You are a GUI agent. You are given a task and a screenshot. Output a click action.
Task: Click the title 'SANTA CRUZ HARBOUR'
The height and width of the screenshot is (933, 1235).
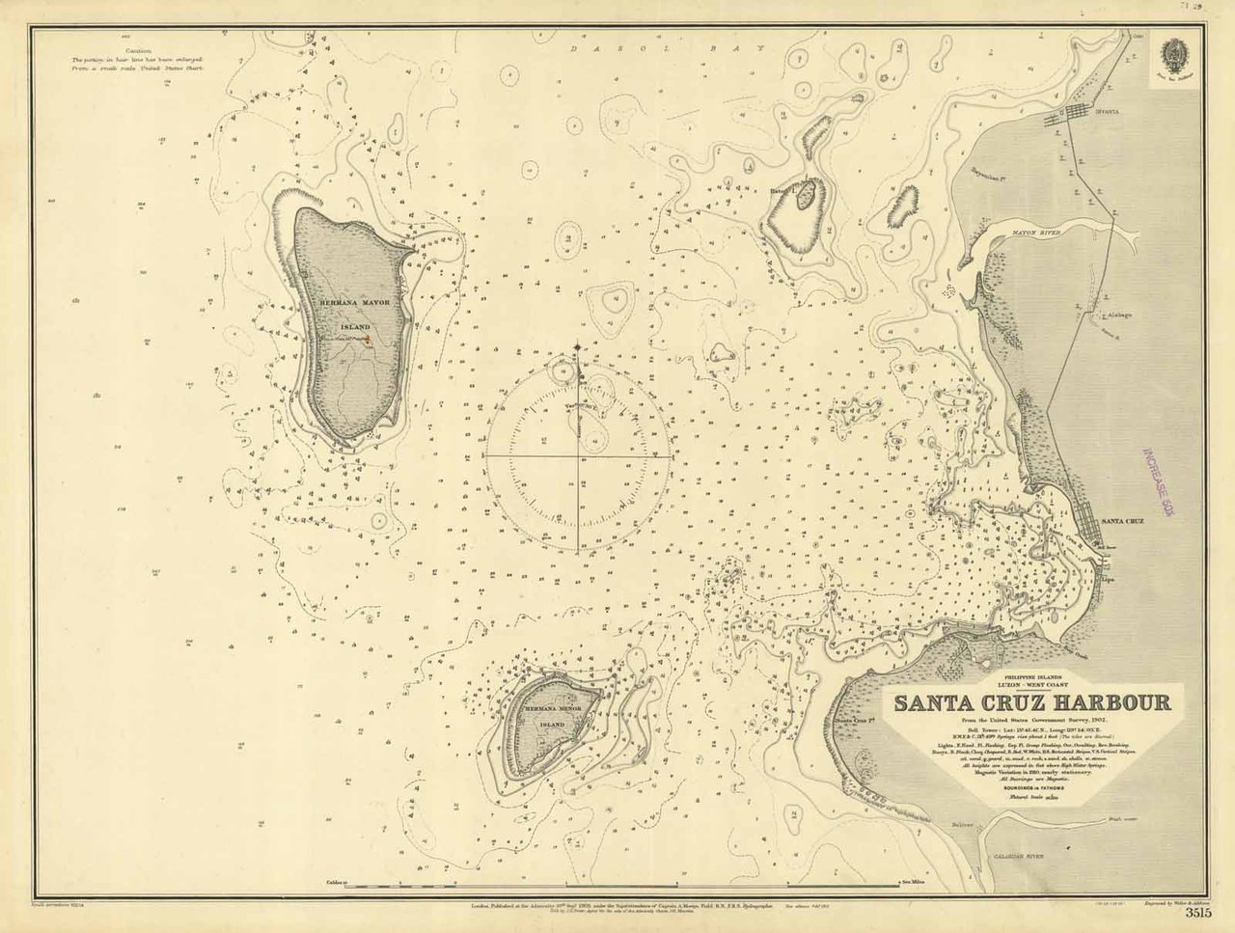pos(1030,702)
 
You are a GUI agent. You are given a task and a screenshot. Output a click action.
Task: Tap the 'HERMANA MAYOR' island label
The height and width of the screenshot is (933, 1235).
pos(355,303)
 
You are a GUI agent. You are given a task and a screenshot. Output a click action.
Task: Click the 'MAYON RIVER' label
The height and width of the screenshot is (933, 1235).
pos(1036,233)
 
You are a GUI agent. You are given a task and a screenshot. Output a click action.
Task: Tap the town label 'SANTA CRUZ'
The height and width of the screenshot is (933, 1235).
pos(1122,521)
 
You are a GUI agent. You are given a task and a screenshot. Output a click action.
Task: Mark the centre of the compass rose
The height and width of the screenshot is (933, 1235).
pos(579,453)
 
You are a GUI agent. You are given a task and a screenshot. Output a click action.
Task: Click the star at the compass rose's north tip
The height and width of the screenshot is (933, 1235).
pos(579,346)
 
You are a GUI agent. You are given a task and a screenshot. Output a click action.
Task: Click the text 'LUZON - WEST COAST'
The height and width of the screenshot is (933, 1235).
pos(1030,684)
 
